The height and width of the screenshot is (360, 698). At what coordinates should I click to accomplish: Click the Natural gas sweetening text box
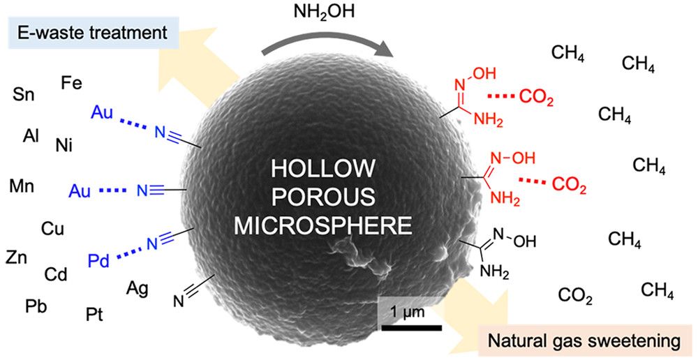coord(582,341)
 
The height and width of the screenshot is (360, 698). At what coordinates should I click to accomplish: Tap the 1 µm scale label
coord(406,312)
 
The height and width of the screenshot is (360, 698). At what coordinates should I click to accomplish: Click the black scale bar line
coord(412,327)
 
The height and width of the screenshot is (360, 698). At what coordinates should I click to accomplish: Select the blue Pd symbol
coord(99,262)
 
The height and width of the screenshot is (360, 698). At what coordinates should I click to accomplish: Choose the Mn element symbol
coord(22,186)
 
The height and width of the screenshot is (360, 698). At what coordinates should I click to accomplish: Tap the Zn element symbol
coord(17,257)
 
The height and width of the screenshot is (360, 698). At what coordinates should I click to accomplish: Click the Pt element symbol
coord(95,314)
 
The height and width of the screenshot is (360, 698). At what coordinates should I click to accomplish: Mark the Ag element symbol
coord(138,287)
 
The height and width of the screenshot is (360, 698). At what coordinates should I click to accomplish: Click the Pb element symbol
coord(36,306)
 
